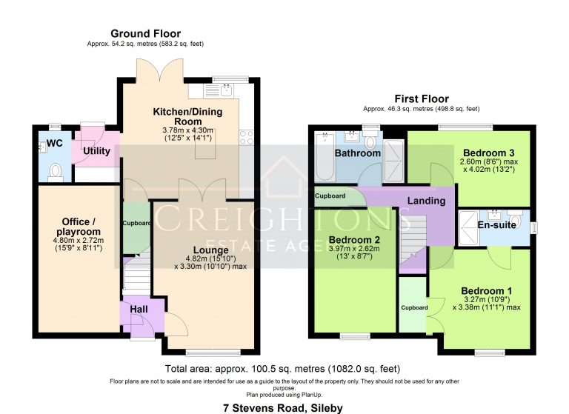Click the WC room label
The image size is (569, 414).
[x=54, y=142]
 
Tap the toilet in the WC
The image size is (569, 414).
[x=53, y=173]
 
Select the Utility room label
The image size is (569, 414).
[x=96, y=151]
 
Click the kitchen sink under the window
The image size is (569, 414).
[x=224, y=90]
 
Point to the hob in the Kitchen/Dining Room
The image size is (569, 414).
[x=247, y=136]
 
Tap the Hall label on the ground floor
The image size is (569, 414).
[x=139, y=310]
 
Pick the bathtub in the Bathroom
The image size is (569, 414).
[x=324, y=158]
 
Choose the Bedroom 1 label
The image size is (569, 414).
[x=485, y=290]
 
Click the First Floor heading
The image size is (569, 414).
[x=422, y=99]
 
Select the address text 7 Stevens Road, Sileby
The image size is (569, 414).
[x=284, y=407]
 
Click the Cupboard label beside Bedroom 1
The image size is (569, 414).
[x=413, y=307]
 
